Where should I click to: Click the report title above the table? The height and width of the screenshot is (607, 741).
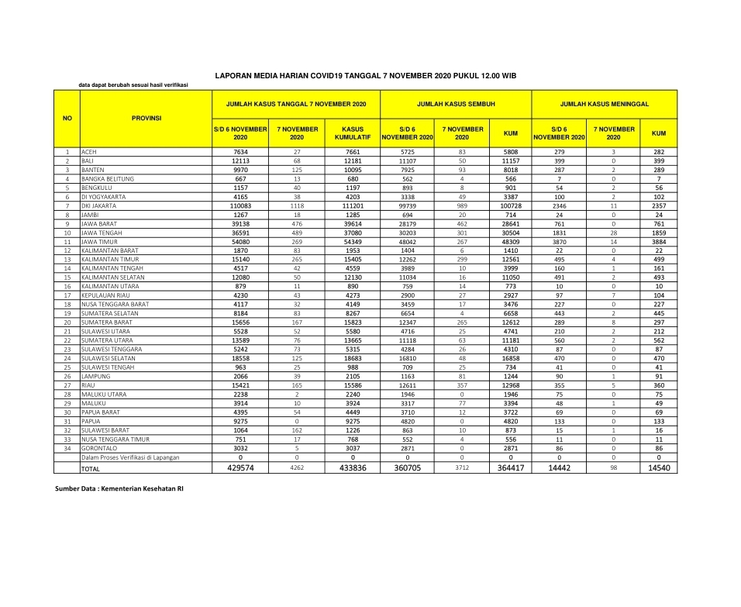[x=365, y=75]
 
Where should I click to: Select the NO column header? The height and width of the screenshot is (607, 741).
[x=67, y=118]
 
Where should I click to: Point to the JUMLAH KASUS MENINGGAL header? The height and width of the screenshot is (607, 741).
[x=605, y=103]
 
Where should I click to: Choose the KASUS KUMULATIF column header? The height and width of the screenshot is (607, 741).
[x=353, y=133]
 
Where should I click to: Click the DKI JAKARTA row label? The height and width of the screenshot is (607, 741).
[x=98, y=205]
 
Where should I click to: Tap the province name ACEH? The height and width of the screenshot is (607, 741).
[x=88, y=152]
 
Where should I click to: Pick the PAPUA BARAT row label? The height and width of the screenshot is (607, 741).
[x=100, y=412]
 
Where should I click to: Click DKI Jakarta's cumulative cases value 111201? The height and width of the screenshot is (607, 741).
[x=353, y=205]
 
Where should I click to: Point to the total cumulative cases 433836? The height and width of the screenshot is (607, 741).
[x=353, y=467]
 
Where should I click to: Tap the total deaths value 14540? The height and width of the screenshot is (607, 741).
[x=659, y=467]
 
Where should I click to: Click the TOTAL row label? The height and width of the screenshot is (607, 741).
[x=91, y=468]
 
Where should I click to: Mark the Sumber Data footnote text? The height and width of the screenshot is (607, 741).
[x=119, y=489]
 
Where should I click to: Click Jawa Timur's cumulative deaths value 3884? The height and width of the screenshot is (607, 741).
[x=659, y=241]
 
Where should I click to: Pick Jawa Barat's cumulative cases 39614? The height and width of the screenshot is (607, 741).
[x=353, y=223]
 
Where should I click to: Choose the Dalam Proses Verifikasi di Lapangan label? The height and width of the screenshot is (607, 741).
[x=130, y=457]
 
